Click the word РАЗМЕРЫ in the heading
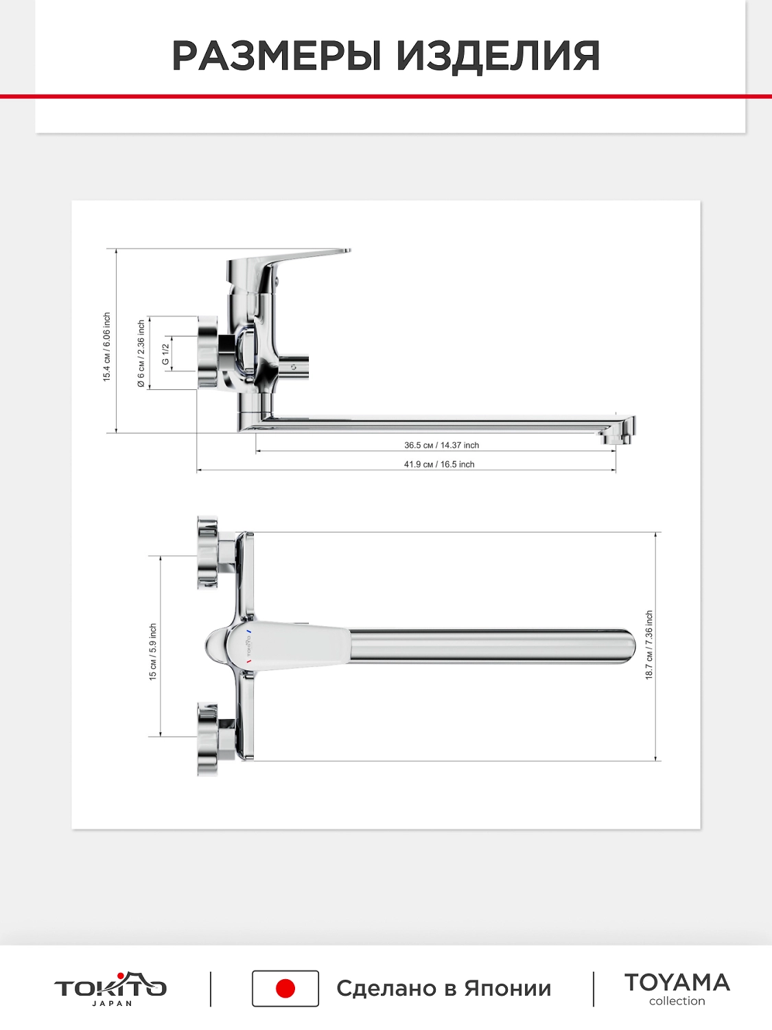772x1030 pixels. [276, 56]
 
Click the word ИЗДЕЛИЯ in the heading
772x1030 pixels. [498, 56]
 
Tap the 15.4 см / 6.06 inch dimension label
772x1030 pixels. [107, 347]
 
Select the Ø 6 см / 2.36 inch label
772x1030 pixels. [141, 354]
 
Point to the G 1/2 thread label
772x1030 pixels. [165, 354]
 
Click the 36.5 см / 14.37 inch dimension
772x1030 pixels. [441, 445]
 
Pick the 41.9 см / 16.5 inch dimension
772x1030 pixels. [439, 464]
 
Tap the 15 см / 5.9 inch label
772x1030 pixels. [153, 652]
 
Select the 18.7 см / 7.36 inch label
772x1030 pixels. [649, 645]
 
